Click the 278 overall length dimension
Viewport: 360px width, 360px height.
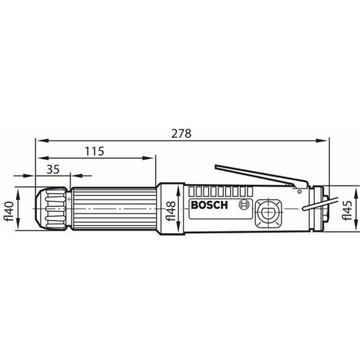click(181, 133)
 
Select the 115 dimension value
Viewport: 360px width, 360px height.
click(94, 151)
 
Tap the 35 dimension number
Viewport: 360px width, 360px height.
click(53, 169)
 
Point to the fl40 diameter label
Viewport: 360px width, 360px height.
click(10, 209)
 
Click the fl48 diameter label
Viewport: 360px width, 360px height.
click(171, 208)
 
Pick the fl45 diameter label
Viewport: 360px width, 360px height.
click(346, 208)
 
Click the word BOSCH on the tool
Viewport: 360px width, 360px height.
click(210, 205)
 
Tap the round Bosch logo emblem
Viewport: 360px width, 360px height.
click(243, 205)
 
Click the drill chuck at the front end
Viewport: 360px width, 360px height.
click(51, 209)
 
